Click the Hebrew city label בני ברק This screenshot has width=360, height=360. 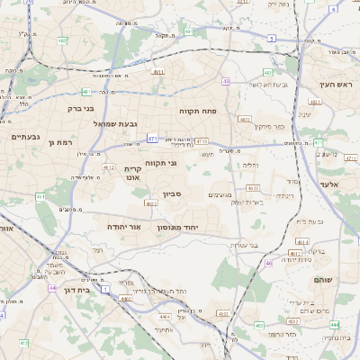coord(82,109)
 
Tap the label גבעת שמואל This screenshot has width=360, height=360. coord(116,123)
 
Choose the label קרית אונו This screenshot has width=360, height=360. coord(132,174)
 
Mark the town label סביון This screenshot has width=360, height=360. coord(173,193)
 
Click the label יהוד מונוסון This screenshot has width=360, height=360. coord(189,228)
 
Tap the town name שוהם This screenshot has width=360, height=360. coord(324,280)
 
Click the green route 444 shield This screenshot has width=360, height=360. coord(334,324)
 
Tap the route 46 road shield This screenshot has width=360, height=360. coord(268,264)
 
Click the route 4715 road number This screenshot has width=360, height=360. coord(201,141)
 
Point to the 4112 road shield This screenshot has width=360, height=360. coord(109,167)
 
